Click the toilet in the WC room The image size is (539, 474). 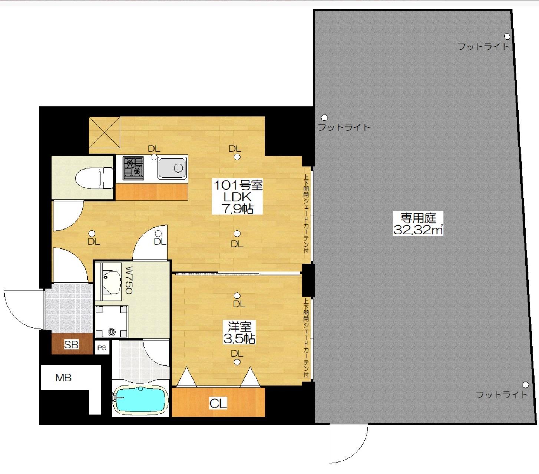tap(95, 178)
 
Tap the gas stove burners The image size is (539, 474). tap(133, 168)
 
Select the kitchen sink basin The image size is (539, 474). tap(172, 168)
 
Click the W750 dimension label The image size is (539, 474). tap(129, 280)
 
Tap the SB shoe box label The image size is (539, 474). tap(71, 345)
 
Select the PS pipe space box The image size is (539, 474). tap(102, 348)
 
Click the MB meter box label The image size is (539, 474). tap(63, 377)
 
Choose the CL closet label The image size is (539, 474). tap(218, 403)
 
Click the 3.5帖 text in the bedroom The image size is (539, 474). tap(239, 338)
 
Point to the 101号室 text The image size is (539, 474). tap(238, 185)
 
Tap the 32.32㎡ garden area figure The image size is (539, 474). tap(418, 230)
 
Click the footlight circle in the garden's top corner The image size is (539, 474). tap(507, 36)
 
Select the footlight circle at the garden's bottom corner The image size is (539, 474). tap(525, 385)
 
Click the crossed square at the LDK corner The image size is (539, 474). tap(104, 132)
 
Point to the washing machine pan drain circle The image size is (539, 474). tap(111, 332)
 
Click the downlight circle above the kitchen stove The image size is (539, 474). tap(154, 157)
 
